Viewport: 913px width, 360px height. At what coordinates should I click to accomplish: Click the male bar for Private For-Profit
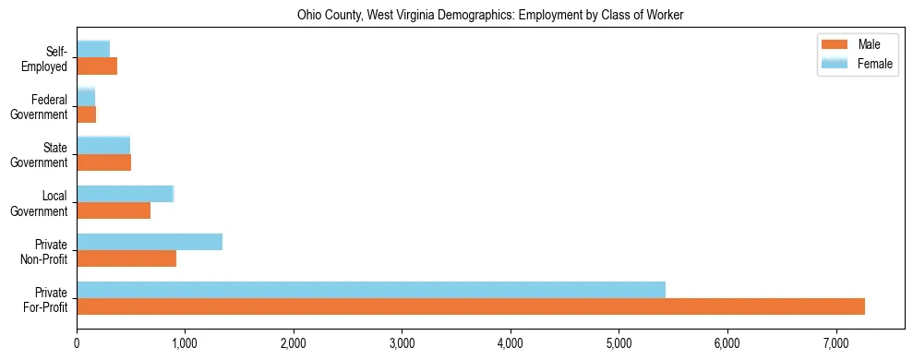[x=471, y=306]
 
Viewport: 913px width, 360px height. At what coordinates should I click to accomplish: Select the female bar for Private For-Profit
[x=371, y=290]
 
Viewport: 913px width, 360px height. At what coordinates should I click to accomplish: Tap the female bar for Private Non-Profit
[x=150, y=242]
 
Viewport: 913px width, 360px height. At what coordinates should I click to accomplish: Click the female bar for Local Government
[x=125, y=194]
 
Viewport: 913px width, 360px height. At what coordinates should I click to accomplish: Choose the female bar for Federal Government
[x=86, y=98]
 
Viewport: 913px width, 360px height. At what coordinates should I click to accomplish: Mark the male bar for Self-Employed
[x=97, y=66]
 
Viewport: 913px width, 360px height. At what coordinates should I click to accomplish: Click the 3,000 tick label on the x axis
[x=402, y=343]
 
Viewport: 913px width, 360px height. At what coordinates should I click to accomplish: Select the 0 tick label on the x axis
[x=77, y=343]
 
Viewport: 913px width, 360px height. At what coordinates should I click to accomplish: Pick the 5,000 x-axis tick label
[x=619, y=343]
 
